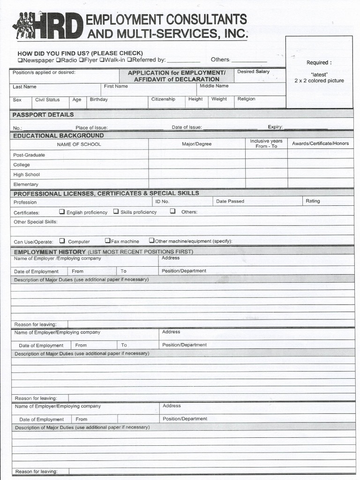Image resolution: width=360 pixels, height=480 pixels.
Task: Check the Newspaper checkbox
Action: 20,60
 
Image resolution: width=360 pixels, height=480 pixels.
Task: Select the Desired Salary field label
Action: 253,72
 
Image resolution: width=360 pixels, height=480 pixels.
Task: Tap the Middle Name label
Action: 214,86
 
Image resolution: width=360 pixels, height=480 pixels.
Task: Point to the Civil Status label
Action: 47,100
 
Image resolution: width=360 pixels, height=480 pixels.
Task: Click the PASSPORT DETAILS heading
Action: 43,115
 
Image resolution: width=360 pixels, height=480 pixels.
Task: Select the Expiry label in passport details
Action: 275,127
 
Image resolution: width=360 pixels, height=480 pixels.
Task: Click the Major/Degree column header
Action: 196,144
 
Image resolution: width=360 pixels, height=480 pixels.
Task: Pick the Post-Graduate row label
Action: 29,155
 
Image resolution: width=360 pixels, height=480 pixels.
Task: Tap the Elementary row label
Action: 26,185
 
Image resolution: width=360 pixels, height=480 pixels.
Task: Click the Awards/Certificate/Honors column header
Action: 320,143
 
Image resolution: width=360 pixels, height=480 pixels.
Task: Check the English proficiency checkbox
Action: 62,211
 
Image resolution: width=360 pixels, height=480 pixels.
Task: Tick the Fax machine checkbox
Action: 107,240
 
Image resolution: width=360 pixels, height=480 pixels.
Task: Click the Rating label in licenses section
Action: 313,201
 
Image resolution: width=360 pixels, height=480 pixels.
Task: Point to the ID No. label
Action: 162,202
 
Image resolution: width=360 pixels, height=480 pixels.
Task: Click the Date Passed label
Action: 230,202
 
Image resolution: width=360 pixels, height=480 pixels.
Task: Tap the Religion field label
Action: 246,99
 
